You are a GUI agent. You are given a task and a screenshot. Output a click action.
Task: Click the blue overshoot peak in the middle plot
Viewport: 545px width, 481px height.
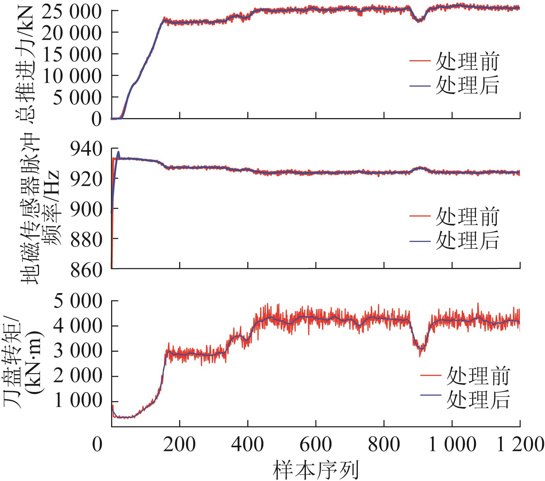(118, 152)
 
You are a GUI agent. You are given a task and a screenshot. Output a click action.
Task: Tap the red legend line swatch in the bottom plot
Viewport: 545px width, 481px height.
(431, 375)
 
